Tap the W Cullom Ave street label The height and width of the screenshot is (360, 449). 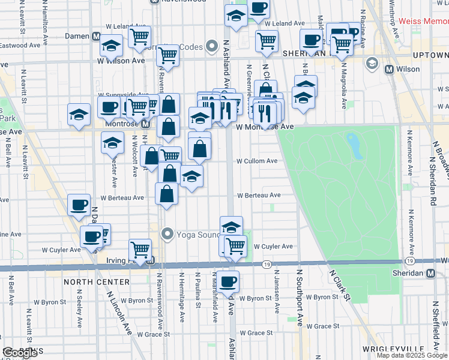tap(256, 161)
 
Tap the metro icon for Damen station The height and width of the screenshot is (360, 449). tap(97, 37)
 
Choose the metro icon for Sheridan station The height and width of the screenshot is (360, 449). tap(430, 273)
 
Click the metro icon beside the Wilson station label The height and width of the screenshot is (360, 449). tap(390, 69)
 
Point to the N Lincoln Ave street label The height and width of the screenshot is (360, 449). tap(119, 312)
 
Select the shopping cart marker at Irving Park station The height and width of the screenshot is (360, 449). tap(140, 249)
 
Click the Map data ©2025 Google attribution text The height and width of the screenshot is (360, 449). tap(412, 355)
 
